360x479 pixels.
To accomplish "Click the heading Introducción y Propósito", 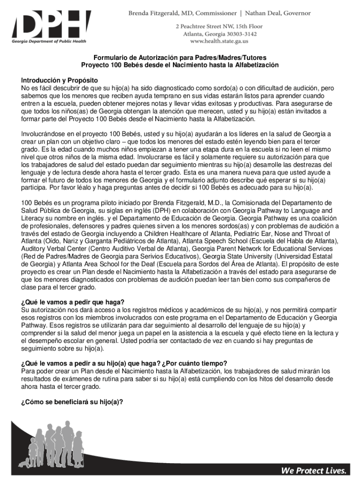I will (x=56, y=80).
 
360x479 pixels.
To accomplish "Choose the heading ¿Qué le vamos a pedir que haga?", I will (x=72, y=302).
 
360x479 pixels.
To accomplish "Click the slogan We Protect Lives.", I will (x=315, y=470).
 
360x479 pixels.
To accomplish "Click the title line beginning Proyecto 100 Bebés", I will (x=180, y=65).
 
